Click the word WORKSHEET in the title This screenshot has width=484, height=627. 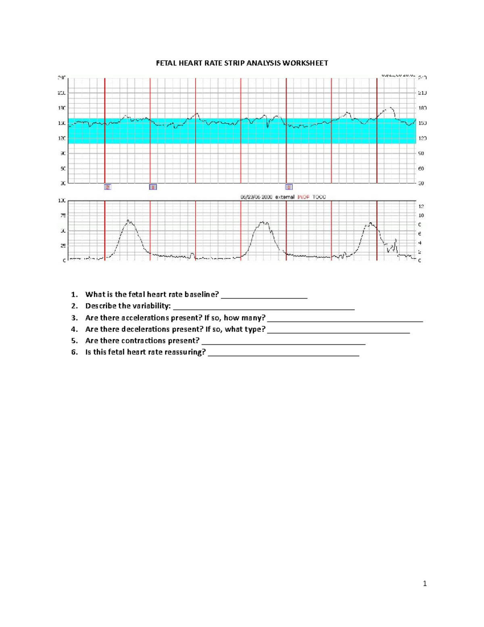click(x=305, y=63)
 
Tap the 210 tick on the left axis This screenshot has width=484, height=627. click(x=62, y=93)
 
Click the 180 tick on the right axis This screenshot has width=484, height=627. click(x=422, y=108)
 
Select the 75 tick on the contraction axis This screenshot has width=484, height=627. click(x=63, y=216)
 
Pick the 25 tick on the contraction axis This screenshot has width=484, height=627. click(x=63, y=245)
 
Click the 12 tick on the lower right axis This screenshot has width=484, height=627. click(x=421, y=206)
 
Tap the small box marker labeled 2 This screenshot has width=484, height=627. click(x=108, y=187)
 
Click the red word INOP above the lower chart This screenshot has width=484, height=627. click(x=303, y=197)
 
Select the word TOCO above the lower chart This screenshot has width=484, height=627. click(x=319, y=197)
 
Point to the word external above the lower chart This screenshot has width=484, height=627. click(x=285, y=197)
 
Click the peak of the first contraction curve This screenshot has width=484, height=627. click(x=129, y=220)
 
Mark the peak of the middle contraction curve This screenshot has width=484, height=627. click(x=263, y=222)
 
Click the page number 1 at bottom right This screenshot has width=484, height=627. click(x=425, y=583)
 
